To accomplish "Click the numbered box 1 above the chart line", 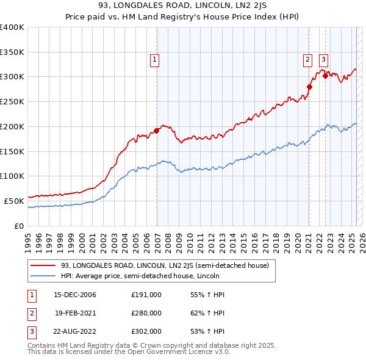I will click(x=155, y=60).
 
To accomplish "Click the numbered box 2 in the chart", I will click(x=307, y=60).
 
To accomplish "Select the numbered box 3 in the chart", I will click(x=323, y=60).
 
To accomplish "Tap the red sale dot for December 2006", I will click(x=157, y=130).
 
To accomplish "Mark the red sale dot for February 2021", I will click(x=309, y=87).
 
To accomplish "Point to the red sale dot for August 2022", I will click(x=326, y=76).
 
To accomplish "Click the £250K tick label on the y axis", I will click(x=12, y=101).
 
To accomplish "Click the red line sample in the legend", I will click(x=43, y=265).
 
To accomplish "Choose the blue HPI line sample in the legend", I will click(x=43, y=276).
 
